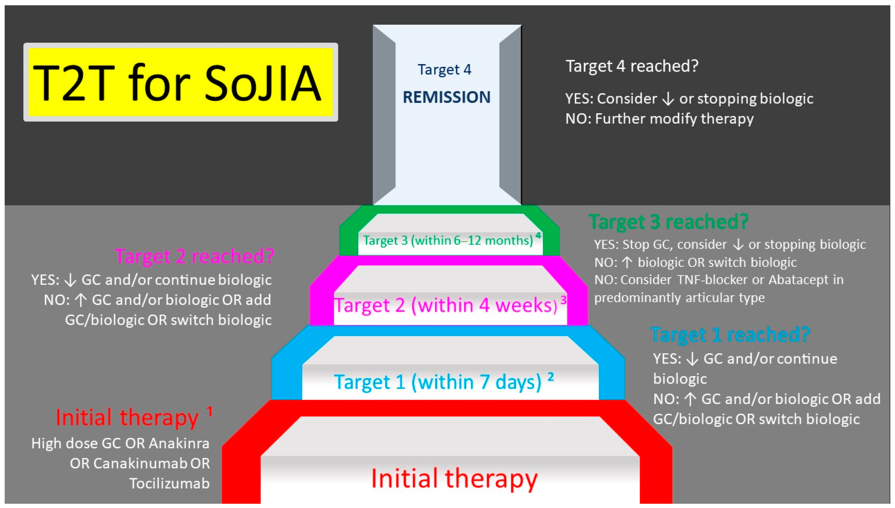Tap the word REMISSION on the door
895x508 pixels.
point(446,97)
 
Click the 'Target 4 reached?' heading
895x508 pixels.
point(632,66)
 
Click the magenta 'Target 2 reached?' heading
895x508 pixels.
point(194,256)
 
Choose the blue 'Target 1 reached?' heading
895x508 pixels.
point(730,335)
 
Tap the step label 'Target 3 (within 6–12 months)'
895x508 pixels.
point(448,240)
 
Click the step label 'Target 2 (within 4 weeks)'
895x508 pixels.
point(446,305)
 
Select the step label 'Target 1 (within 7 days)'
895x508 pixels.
point(438,382)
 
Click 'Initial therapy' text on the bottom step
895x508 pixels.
point(454,478)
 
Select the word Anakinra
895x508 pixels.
point(179,443)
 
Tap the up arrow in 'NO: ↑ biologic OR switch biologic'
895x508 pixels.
point(627,262)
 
